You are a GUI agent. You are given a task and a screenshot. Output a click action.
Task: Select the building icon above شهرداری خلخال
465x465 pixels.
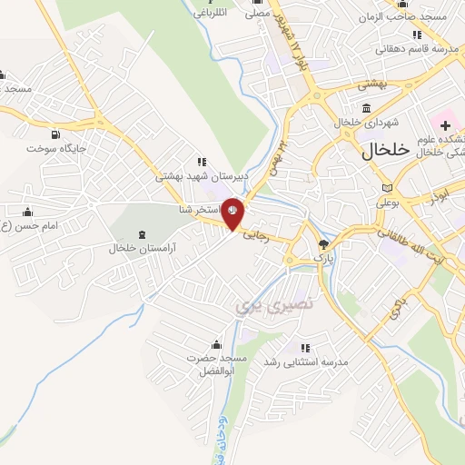coord(366,108)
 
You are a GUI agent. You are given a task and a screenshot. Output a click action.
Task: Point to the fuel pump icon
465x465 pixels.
coord(56,134)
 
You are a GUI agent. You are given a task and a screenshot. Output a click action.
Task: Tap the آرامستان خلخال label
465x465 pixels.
coord(142,247)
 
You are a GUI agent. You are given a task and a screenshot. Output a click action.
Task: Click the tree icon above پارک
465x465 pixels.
coord(324,243)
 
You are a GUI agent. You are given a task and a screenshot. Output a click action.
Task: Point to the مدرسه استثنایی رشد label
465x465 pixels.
coord(305,361)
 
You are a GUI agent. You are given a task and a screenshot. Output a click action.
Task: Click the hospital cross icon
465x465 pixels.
coord(446,124)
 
